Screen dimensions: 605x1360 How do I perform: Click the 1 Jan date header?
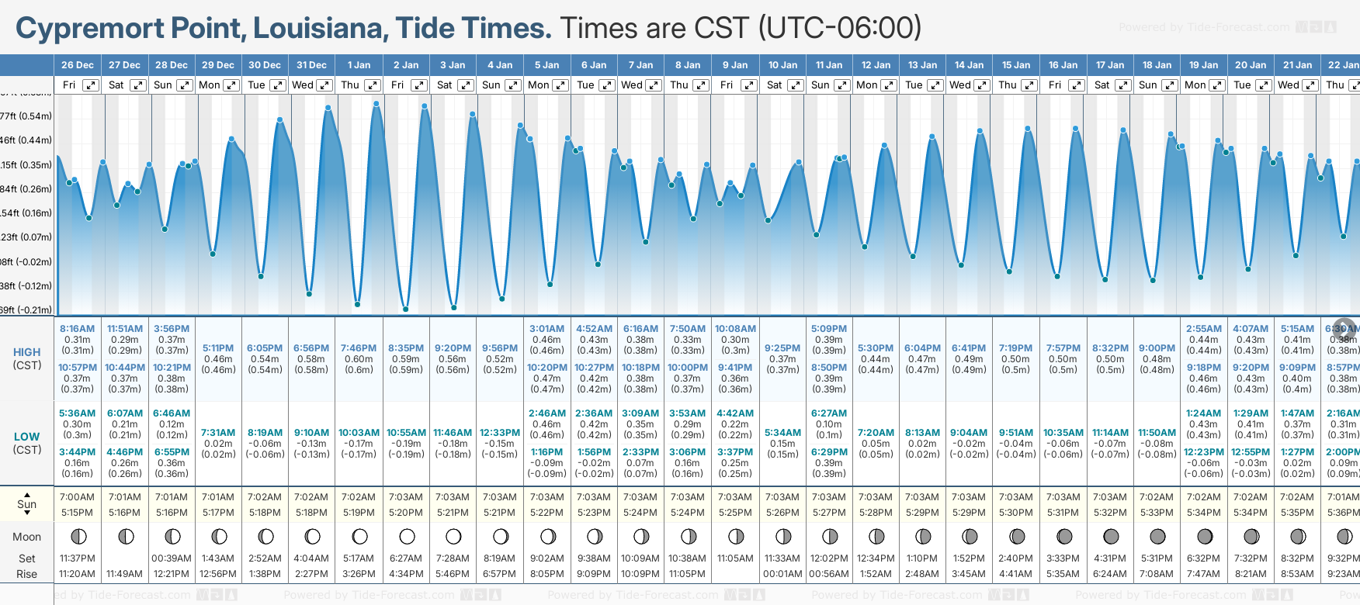click(x=359, y=65)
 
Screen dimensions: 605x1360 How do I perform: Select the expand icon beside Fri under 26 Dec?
click(x=91, y=85)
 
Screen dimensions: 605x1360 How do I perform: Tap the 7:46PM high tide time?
click(x=359, y=348)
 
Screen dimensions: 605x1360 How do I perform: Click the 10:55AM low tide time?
click(x=406, y=433)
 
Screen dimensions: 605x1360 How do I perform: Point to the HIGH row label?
click(x=26, y=352)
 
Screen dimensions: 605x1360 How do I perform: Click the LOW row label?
click(x=26, y=437)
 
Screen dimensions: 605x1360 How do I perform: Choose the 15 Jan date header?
click(x=1016, y=65)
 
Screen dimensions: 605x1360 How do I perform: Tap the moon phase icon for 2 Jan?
click(x=407, y=536)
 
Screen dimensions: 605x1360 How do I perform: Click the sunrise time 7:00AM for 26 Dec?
click(x=77, y=497)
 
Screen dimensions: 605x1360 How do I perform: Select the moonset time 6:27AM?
click(x=406, y=558)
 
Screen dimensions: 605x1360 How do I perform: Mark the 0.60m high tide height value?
click(x=359, y=359)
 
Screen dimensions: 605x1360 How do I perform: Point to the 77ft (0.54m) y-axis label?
click(x=26, y=116)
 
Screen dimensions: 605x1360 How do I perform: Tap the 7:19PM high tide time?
click(x=1016, y=348)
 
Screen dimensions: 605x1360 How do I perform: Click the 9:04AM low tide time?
click(x=969, y=433)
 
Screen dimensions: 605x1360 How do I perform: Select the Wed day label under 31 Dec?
click(x=303, y=85)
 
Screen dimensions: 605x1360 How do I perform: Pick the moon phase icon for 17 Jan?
click(x=1111, y=536)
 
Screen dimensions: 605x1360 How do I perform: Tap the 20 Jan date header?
click(x=1251, y=65)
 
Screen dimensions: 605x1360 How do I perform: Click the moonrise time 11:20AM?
click(x=77, y=574)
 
